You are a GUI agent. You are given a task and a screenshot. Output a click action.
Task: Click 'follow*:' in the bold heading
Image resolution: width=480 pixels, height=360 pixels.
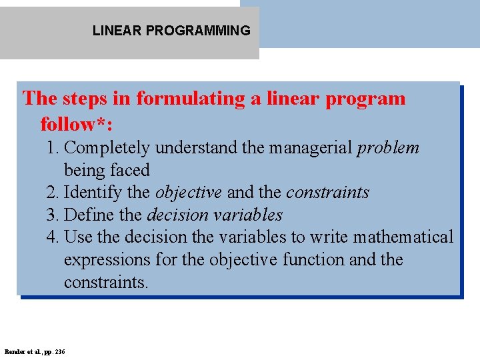pos(76,124)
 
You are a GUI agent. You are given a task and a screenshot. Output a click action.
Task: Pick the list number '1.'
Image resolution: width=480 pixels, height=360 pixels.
pos(53,147)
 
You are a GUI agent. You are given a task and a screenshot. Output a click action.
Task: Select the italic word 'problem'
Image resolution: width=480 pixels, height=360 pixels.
pos(388,148)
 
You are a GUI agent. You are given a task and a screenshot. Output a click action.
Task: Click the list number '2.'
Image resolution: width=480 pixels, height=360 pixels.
pos(53,193)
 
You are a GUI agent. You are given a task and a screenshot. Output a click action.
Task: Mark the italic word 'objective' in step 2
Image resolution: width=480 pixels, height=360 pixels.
pos(188,193)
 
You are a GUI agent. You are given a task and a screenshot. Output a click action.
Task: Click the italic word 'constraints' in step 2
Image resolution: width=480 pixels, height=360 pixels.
pos(327,193)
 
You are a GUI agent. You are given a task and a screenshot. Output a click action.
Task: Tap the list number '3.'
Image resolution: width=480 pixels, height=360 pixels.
pos(53,215)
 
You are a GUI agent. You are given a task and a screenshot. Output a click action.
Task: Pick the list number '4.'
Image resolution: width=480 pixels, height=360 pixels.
pos(53,237)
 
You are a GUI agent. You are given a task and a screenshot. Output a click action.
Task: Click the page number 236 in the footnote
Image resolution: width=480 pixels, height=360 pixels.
pos(61,351)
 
